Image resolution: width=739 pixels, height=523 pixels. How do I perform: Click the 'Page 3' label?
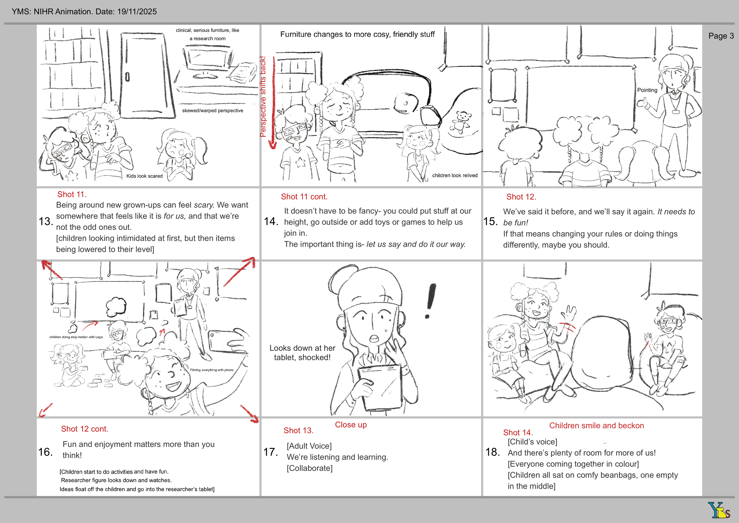[721, 36]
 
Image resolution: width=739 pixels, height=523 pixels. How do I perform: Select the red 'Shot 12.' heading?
[521, 197]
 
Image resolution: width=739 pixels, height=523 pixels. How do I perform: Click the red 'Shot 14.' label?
[518, 432]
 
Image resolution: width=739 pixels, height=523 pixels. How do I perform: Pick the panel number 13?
[46, 221]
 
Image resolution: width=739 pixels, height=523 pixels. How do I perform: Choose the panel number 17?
[270, 452]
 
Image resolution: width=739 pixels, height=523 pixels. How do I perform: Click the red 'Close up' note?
[351, 425]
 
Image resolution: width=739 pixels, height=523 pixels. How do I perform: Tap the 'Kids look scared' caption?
[144, 176]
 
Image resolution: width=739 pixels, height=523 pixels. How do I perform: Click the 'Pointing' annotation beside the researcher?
[647, 90]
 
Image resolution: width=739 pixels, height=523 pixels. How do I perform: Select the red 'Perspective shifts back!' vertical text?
[263, 97]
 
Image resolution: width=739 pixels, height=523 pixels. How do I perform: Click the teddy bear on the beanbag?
[461, 122]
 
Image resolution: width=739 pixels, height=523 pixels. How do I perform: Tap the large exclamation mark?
[430, 301]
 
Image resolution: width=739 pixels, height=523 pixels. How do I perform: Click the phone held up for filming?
[225, 341]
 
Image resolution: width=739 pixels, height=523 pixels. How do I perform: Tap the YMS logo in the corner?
[718, 509]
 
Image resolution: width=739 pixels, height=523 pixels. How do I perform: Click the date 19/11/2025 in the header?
[137, 12]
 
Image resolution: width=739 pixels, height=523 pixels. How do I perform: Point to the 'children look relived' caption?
[455, 175]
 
